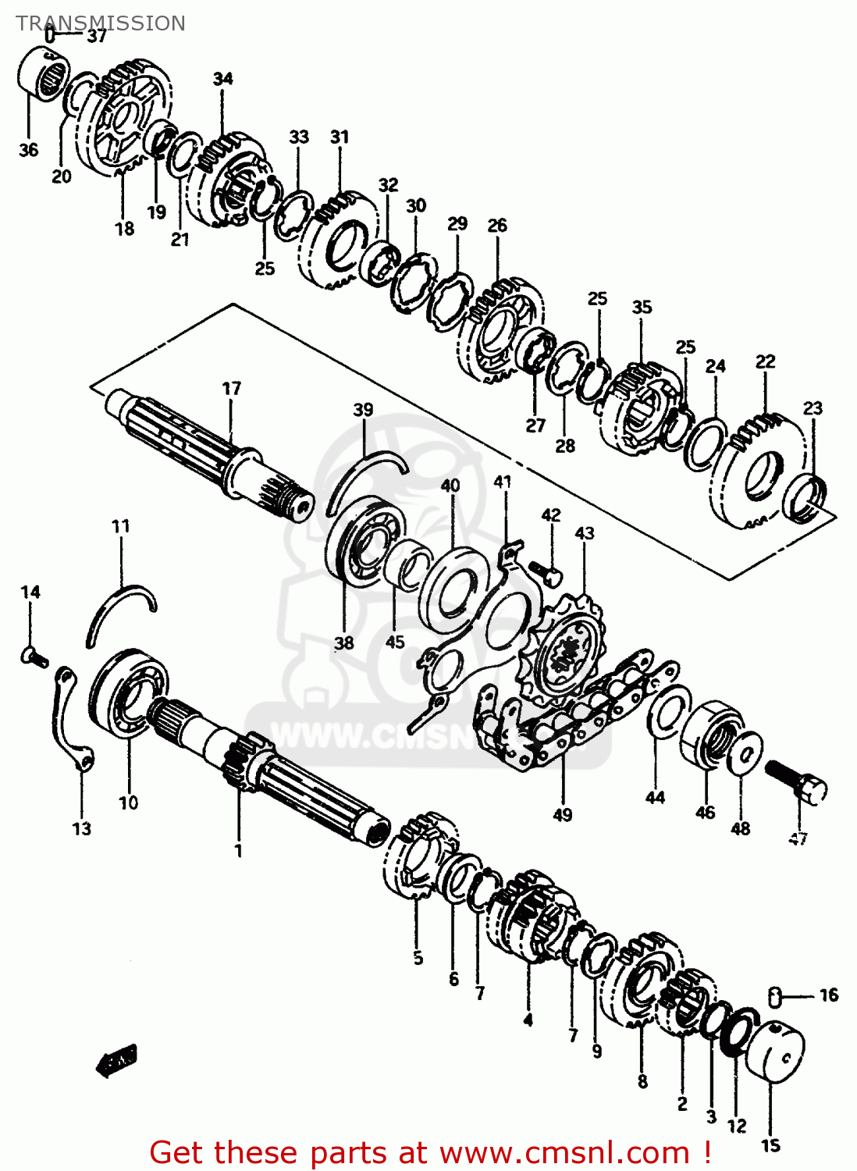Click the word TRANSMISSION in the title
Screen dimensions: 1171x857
point(101,23)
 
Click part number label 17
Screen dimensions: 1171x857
point(232,388)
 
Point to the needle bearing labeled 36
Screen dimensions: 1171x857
point(42,73)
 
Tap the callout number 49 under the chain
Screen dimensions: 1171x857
point(562,815)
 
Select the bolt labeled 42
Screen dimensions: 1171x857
point(546,574)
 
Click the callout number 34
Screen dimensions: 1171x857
point(222,79)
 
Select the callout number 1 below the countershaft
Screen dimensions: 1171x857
point(239,850)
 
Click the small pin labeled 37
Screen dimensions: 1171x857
point(51,34)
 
